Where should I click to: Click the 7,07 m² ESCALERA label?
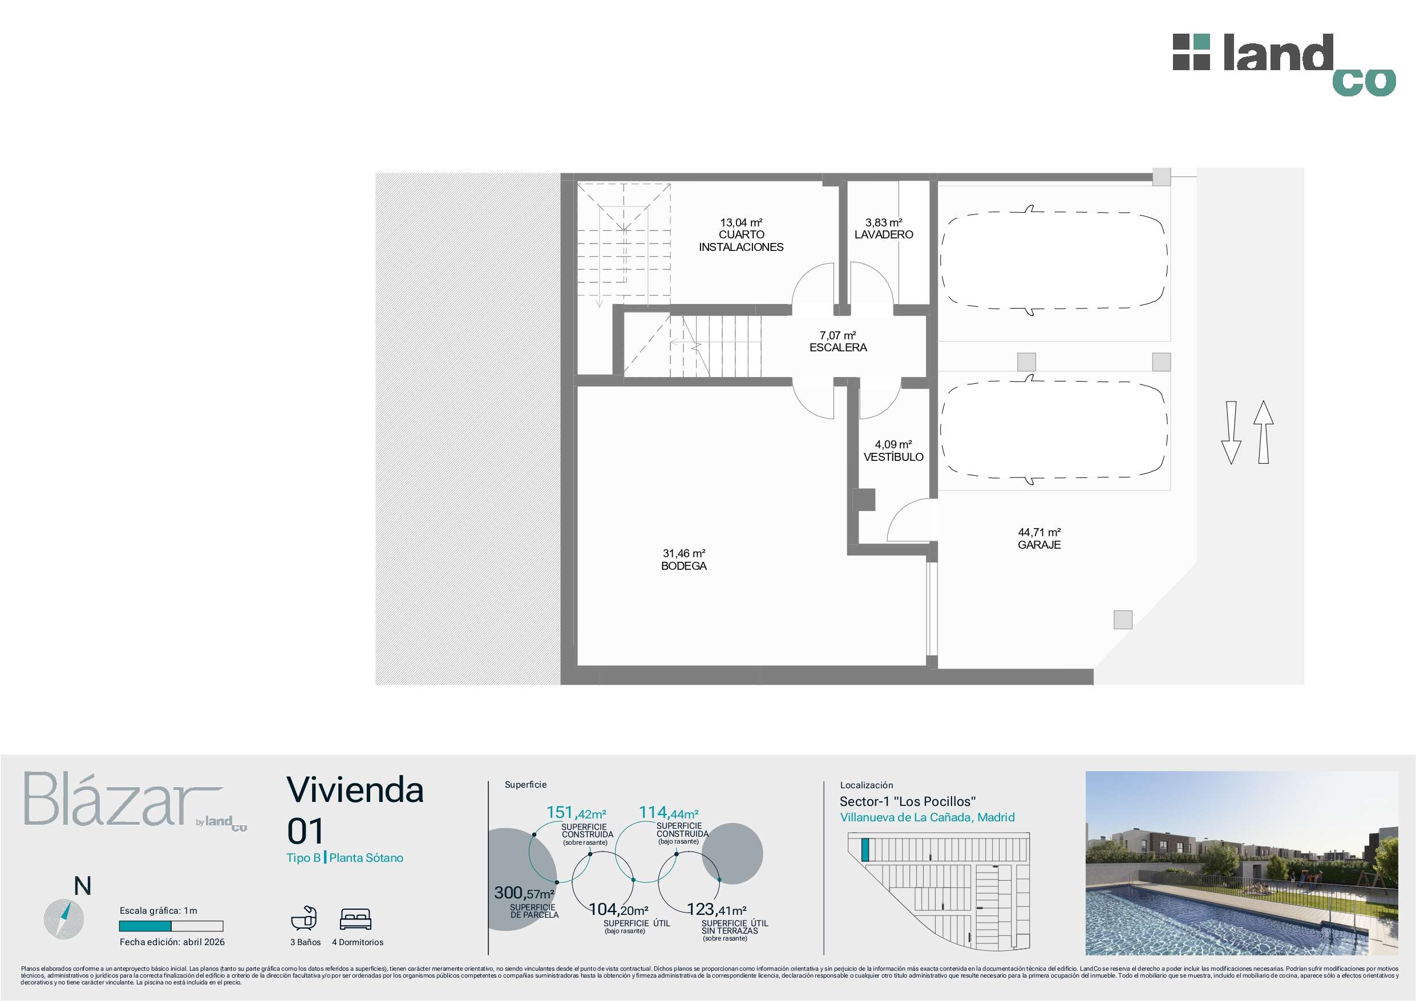(838, 342)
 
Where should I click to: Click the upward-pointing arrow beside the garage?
(1263, 432)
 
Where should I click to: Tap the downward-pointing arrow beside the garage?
(1231, 433)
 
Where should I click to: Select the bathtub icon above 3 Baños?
(304, 918)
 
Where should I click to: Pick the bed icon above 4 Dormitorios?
(356, 919)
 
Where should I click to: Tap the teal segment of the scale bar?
(145, 926)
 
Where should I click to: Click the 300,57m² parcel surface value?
(524, 893)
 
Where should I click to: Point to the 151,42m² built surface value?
(576, 813)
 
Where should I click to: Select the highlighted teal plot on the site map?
(865, 850)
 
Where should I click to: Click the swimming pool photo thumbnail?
(1241, 863)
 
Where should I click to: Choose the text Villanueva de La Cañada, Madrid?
(927, 817)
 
